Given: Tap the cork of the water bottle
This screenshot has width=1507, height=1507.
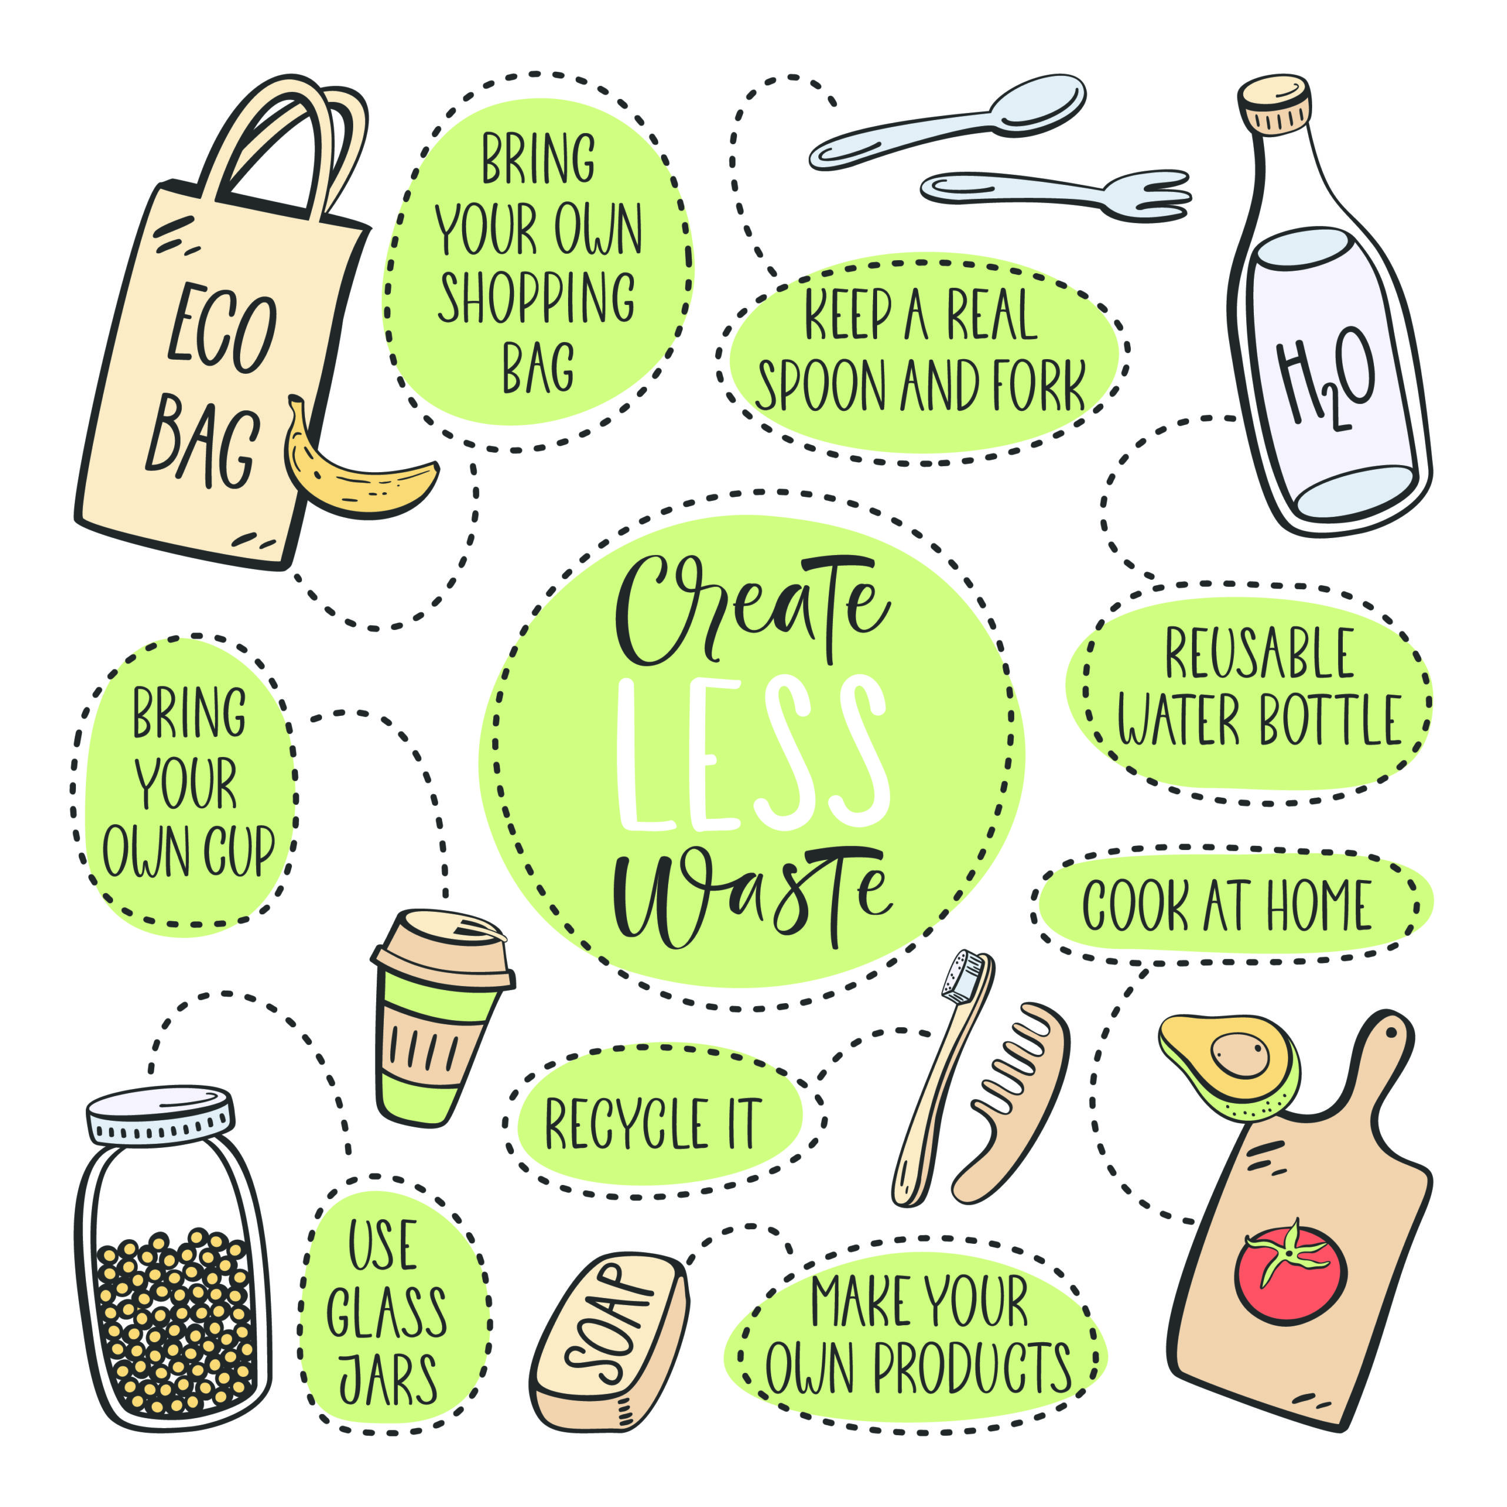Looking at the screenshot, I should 1274,105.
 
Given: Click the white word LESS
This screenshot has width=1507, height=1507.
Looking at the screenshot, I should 753,753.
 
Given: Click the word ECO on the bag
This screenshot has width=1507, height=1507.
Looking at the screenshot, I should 223,328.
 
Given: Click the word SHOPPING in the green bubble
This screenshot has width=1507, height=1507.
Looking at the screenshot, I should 537,297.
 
